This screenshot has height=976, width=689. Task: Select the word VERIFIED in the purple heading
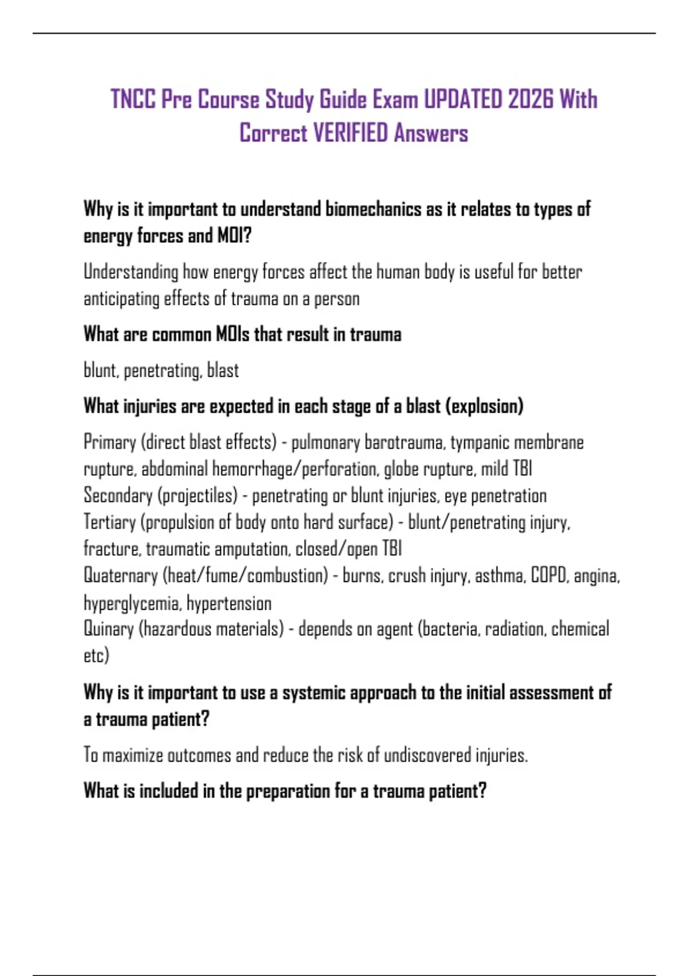click(x=351, y=133)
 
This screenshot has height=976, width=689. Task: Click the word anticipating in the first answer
click(x=121, y=299)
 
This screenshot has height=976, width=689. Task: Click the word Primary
click(x=110, y=442)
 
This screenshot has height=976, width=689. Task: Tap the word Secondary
click(x=118, y=495)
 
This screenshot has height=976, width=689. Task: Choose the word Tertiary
click(x=109, y=522)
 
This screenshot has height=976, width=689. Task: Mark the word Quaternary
click(x=121, y=575)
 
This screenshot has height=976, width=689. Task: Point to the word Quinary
click(x=109, y=629)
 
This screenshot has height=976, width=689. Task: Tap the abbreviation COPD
click(x=548, y=575)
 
